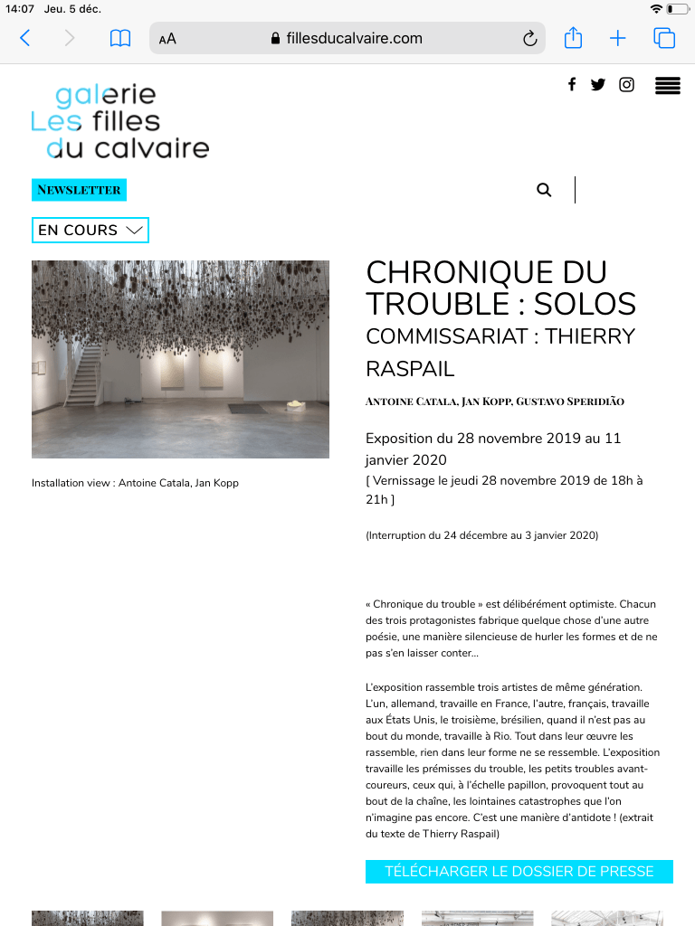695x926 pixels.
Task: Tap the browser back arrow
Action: coord(25,38)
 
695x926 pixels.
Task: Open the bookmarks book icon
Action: coord(119,38)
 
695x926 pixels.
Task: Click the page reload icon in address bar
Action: coord(530,38)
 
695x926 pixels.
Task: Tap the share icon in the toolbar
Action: coord(573,38)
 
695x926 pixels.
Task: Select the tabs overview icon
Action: coord(664,38)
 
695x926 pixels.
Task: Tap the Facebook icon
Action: coord(572,85)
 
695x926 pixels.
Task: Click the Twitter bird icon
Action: coord(598,85)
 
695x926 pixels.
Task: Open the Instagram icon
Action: coord(626,85)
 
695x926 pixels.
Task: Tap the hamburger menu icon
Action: coord(668,86)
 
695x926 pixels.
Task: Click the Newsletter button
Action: coord(79,190)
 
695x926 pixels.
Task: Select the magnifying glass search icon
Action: coord(544,190)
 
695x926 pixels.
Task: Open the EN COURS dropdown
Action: coord(90,230)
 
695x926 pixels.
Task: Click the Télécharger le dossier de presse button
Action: coord(519,872)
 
